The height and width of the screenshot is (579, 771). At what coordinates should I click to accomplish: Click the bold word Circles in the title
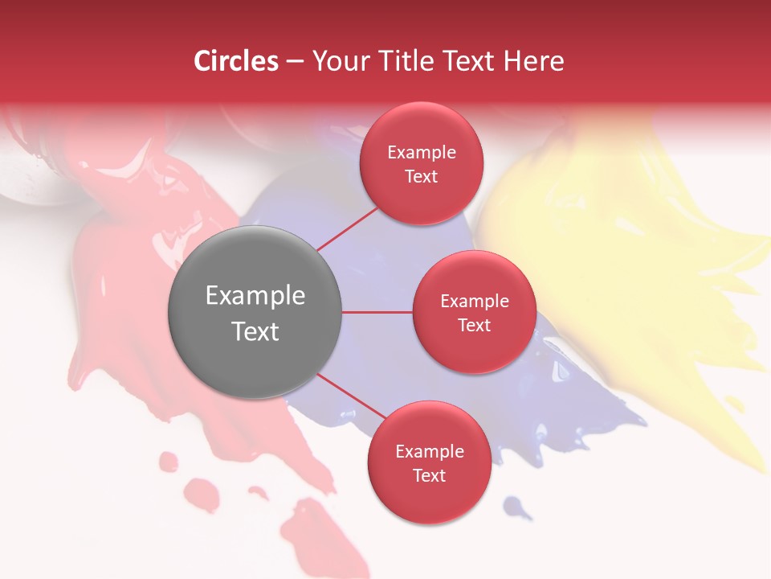235,61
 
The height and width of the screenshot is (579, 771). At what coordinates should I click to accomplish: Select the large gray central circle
255,312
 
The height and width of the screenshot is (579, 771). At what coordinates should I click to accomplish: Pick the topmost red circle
421,163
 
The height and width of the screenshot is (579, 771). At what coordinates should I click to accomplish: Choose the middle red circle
474,312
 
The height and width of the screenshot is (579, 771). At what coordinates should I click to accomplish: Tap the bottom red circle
429,462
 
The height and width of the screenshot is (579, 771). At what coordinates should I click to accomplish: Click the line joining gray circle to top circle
347,228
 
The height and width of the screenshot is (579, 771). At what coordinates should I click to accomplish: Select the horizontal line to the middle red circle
377,312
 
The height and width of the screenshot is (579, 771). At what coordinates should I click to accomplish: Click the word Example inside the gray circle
255,295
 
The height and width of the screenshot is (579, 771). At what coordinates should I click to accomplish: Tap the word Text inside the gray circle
255,331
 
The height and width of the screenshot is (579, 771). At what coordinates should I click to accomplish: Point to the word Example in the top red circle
421,152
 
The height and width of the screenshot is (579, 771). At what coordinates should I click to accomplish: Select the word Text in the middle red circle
474,325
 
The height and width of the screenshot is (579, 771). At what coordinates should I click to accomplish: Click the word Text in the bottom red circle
429,475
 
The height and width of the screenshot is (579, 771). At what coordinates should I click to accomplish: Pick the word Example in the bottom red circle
429,451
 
